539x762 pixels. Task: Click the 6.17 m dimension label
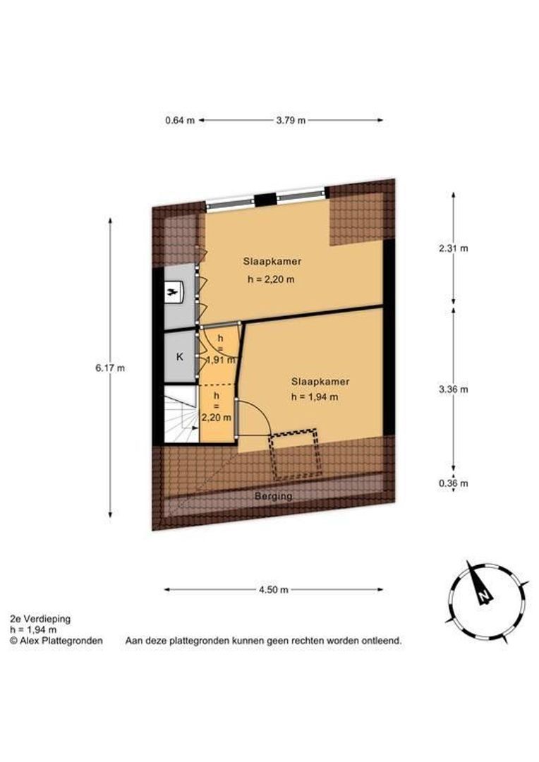pos(110,368)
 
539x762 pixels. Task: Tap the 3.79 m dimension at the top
pos(291,120)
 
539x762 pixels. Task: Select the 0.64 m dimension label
pos(179,120)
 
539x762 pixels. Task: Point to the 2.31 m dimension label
pos(453,248)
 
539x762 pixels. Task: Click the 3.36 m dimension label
pos(453,389)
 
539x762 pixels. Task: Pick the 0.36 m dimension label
pos(453,483)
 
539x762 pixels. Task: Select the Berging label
pos(273,496)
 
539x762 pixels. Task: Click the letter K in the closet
pos(179,357)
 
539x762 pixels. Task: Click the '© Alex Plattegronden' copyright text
pos(56,641)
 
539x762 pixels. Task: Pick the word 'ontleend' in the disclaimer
pos(381,641)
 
